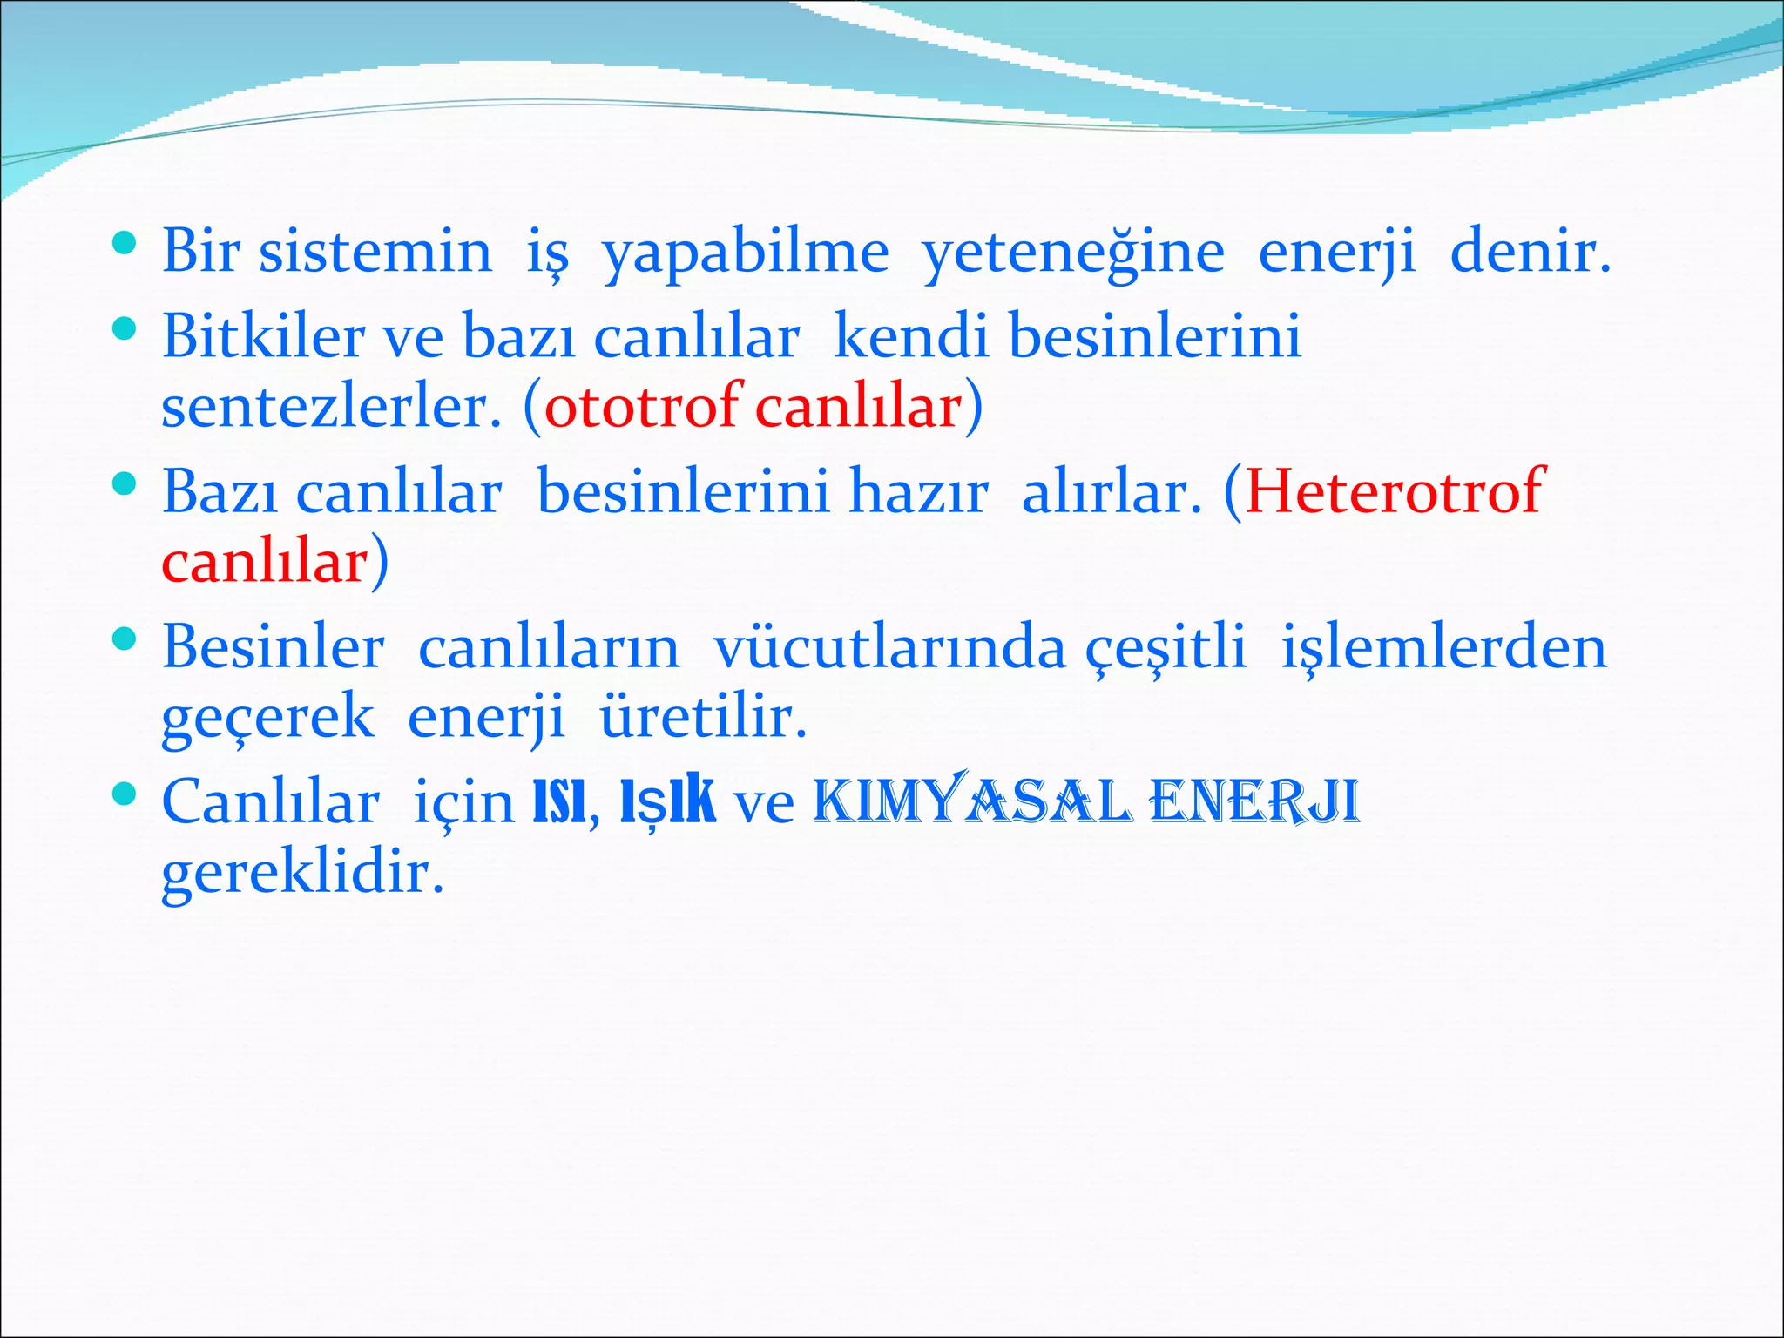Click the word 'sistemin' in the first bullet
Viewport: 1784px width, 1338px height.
pos(375,252)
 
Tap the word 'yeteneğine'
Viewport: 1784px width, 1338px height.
pos(1073,252)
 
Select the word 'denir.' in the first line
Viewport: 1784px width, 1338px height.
pos(1531,252)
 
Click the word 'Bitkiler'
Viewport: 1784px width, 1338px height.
pos(263,336)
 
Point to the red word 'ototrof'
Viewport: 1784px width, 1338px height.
pos(643,406)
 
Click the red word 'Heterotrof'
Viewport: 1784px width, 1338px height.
pos(1395,492)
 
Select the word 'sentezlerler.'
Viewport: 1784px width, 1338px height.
pos(332,406)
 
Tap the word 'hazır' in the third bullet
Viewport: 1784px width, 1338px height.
pos(918,492)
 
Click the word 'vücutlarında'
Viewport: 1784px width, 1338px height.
pos(889,648)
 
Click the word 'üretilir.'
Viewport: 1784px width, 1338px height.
pos(704,718)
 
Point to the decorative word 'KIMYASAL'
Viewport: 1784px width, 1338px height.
pos(973,802)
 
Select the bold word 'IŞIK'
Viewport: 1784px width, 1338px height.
pos(667,802)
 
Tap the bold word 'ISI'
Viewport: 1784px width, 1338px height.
pos(558,802)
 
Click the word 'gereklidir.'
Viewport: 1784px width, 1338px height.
pos(302,873)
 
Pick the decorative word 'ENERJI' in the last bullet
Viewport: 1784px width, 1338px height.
pos(1255,802)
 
